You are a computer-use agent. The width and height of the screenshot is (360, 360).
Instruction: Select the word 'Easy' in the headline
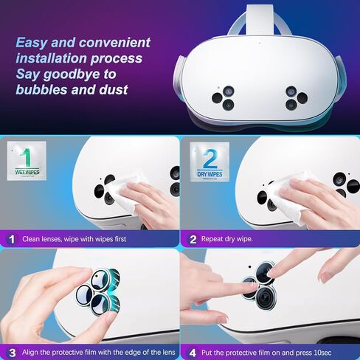click(x=32, y=42)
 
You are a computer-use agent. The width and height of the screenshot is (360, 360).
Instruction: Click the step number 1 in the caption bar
click(x=11, y=239)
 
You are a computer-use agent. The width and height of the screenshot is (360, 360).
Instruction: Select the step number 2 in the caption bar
click(x=193, y=239)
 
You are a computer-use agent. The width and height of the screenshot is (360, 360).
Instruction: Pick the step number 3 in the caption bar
click(x=11, y=351)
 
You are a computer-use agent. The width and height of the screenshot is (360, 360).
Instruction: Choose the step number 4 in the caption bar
click(x=193, y=351)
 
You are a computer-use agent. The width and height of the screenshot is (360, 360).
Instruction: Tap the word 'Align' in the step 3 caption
click(x=32, y=351)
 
